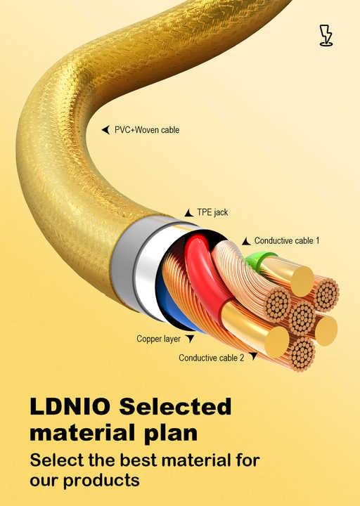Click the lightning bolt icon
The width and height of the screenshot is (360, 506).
pyautogui.click(x=326, y=35)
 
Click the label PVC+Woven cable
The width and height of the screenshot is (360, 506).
pyautogui.click(x=147, y=130)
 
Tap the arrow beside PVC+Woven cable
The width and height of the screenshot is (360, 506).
pyautogui.click(x=105, y=130)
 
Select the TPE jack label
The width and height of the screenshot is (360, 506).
pyautogui.click(x=212, y=212)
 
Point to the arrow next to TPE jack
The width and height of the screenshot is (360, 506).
pyautogui.click(x=189, y=213)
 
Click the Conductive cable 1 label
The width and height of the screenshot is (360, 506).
pyautogui.click(x=287, y=240)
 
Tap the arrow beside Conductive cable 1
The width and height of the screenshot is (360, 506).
pyautogui.click(x=246, y=241)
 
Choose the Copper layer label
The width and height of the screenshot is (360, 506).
pyautogui.click(x=158, y=339)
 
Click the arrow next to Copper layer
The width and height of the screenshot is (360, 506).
pyautogui.click(x=190, y=339)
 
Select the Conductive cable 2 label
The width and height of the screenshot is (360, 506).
pyautogui.click(x=212, y=358)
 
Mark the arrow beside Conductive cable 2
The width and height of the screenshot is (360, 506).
pyautogui.click(x=253, y=356)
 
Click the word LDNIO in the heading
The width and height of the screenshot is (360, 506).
pyautogui.click(x=70, y=406)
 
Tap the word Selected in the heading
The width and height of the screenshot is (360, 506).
pyautogui.click(x=175, y=406)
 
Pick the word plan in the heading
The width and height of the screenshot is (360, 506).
pyautogui.click(x=171, y=434)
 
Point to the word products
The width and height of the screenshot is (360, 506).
pyautogui.click(x=101, y=481)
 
